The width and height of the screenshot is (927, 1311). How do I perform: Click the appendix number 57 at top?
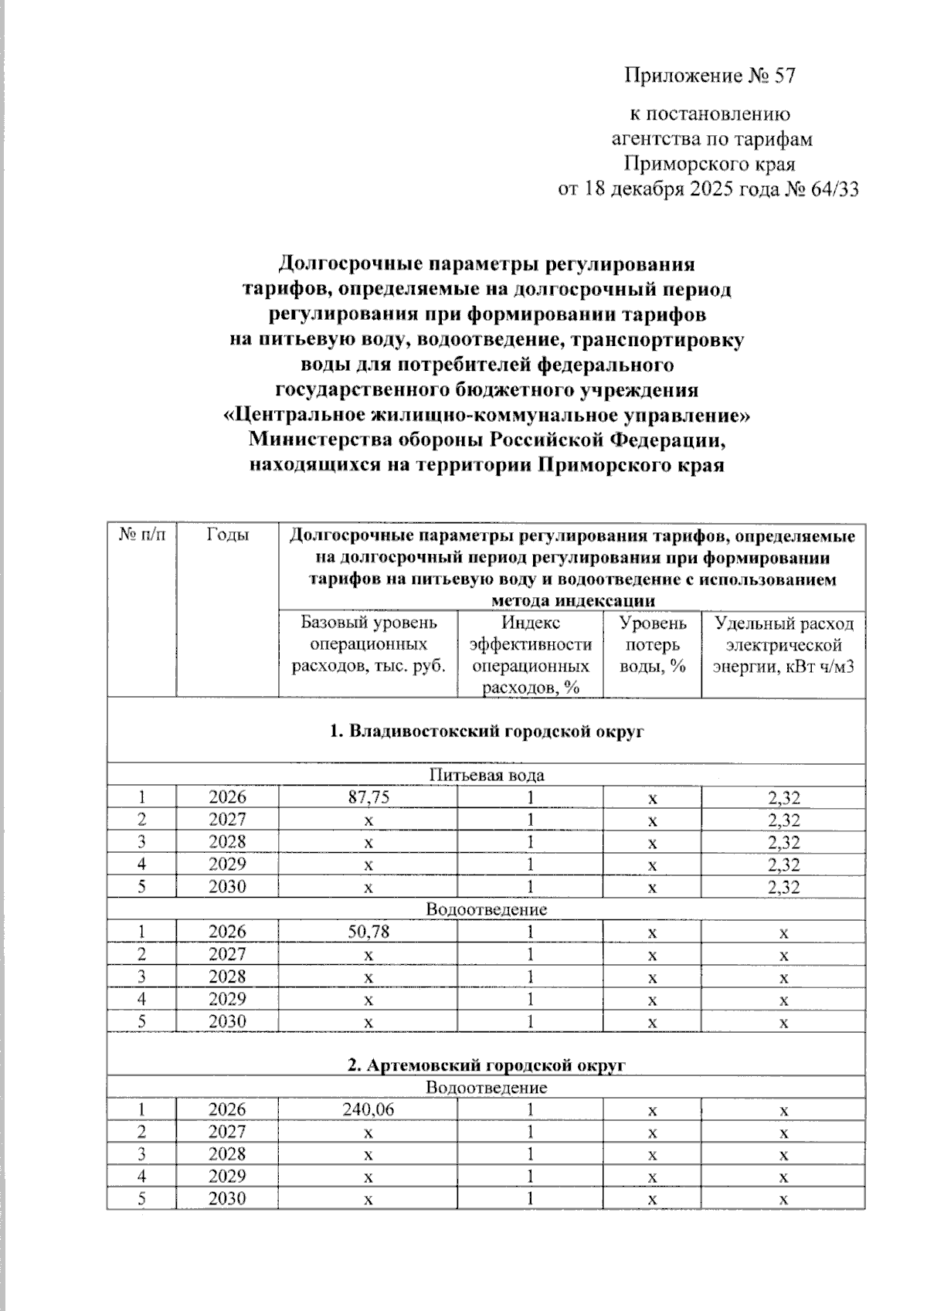(x=784, y=76)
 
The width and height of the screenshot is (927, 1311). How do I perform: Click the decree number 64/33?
(x=832, y=189)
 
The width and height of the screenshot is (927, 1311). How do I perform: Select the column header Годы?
(x=227, y=535)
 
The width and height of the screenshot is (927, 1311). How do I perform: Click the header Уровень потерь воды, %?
(x=653, y=644)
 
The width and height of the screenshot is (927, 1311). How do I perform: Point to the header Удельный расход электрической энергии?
(x=783, y=644)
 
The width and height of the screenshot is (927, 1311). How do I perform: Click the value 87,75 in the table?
(x=368, y=797)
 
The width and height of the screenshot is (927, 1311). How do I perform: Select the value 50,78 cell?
(x=368, y=932)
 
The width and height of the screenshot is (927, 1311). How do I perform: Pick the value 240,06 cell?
(x=368, y=1109)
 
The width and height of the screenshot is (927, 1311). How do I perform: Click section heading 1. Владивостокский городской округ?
(x=486, y=731)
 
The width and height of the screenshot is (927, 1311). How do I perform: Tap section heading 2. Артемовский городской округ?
(x=486, y=1065)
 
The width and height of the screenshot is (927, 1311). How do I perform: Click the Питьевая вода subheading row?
(x=486, y=775)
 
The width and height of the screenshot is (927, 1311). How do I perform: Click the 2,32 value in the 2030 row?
(x=783, y=887)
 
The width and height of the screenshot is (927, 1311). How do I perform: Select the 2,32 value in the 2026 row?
(x=783, y=798)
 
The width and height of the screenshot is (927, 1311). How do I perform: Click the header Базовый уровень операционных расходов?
(x=368, y=644)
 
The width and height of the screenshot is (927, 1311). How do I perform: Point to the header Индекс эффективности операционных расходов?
(x=530, y=654)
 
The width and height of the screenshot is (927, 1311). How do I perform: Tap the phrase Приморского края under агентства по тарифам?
(x=709, y=165)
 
